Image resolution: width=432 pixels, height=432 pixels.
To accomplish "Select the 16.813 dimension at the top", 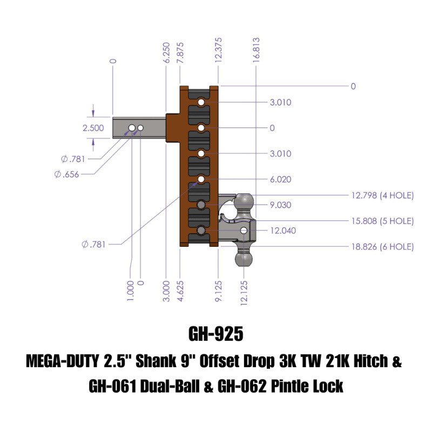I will (x=256, y=50).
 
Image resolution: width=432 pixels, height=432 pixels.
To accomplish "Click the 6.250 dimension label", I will (x=167, y=52).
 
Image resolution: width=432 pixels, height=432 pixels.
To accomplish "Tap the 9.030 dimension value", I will (x=280, y=205).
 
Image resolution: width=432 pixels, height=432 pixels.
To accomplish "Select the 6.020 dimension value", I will (x=280, y=179).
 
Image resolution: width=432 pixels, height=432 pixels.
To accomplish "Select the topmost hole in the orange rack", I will (x=201, y=102).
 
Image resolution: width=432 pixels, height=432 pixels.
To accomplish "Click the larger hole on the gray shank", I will (x=131, y=127).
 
